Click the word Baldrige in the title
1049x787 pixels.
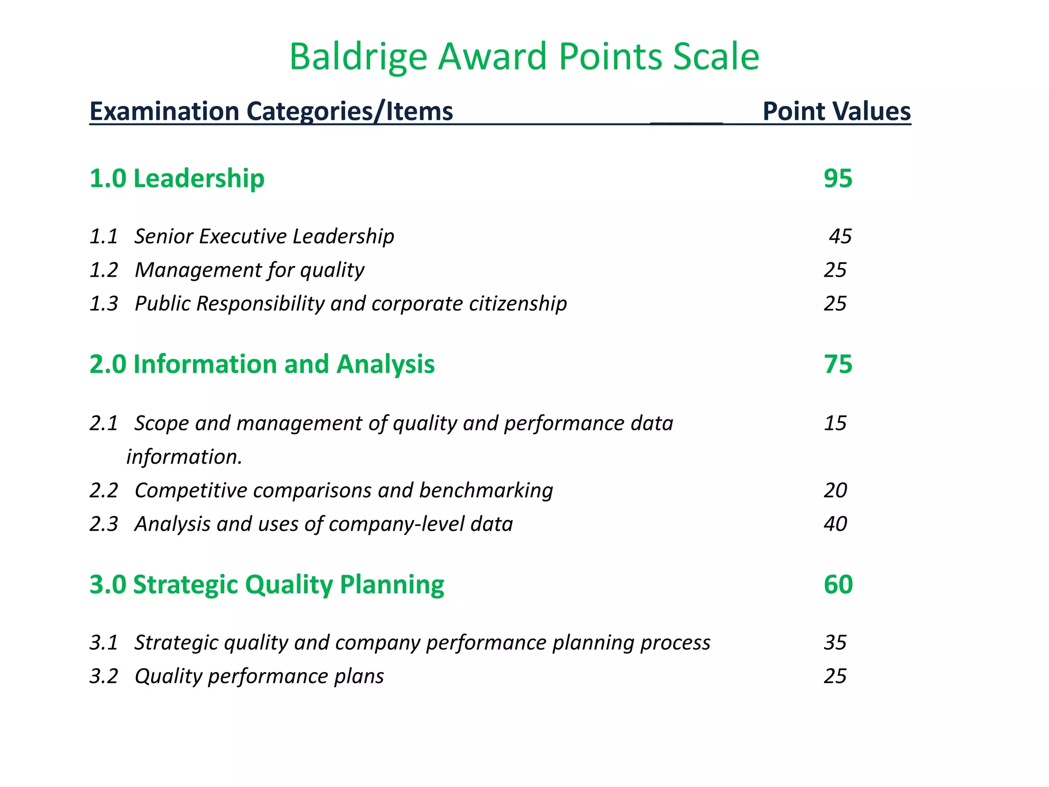[x=358, y=56]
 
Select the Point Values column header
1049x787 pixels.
[x=836, y=111]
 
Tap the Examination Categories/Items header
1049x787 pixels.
[x=271, y=111]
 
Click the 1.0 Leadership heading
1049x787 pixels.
[x=177, y=178]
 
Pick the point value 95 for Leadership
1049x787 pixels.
[x=838, y=178]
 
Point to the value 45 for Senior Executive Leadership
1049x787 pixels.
[x=840, y=236]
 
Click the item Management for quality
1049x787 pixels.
[x=249, y=270]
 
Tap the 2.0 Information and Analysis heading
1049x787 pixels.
[x=262, y=364]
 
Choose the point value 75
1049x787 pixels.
[x=838, y=364]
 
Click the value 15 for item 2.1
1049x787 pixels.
[x=835, y=423]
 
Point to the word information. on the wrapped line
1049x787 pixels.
[x=184, y=457]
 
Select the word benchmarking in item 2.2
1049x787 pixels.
[x=486, y=490]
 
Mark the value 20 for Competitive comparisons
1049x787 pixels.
[x=835, y=490]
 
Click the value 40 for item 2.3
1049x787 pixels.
[x=835, y=524]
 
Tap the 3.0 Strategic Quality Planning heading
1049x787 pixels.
[x=266, y=585]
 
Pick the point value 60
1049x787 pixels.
[x=838, y=585]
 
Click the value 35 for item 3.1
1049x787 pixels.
[x=835, y=643]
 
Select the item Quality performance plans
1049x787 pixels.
[x=259, y=676]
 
